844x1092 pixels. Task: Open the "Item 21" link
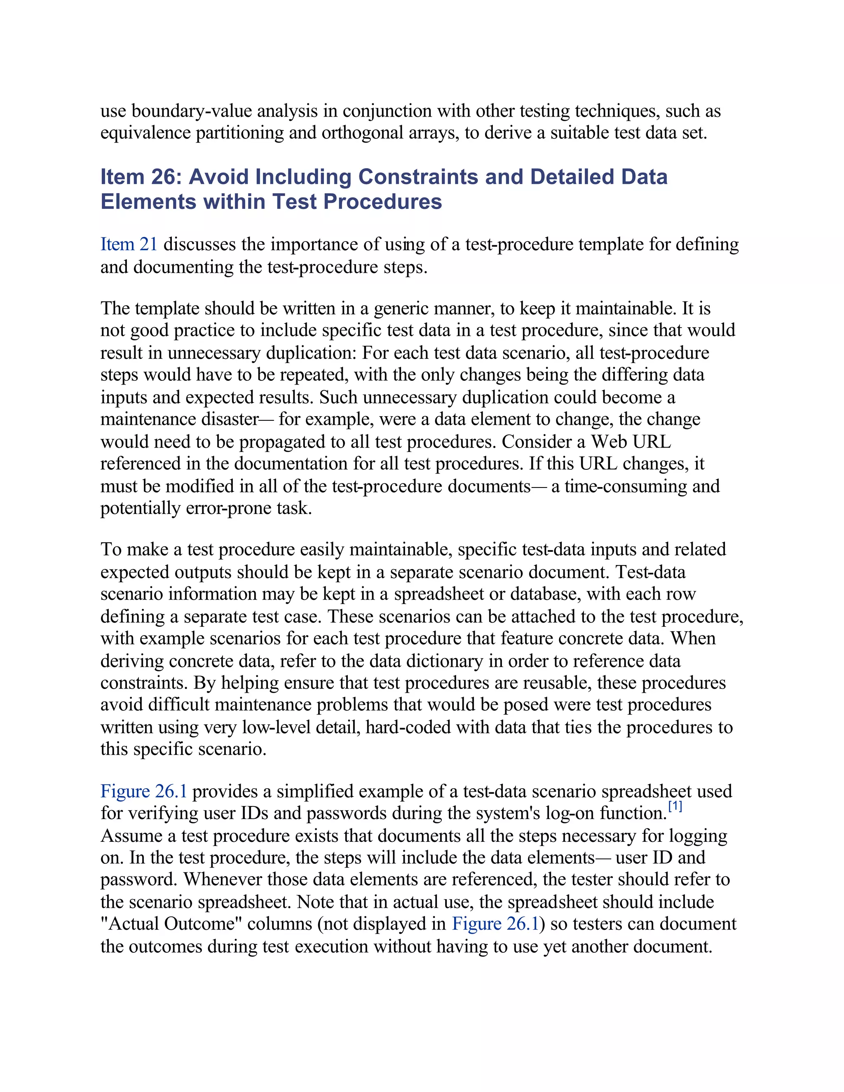pos(129,244)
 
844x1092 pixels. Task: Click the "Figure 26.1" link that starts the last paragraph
pos(143,792)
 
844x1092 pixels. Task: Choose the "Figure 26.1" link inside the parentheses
pos(495,924)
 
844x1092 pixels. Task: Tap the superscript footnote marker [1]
pos(675,806)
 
